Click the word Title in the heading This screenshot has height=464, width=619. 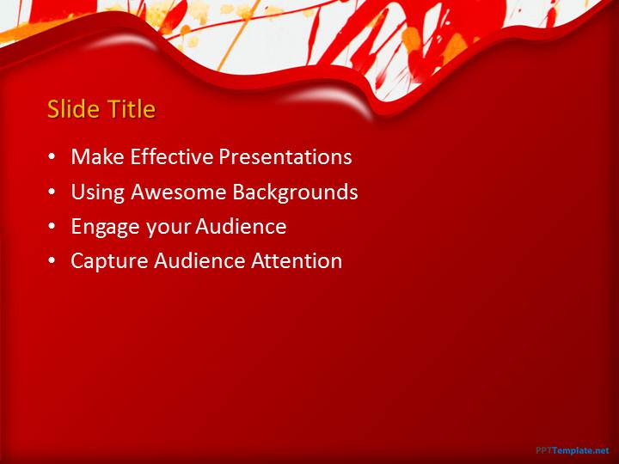[132, 108]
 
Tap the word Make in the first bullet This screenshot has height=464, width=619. [97, 156]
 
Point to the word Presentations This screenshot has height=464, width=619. [285, 156]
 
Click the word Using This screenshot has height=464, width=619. [97, 192]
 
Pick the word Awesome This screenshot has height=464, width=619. [178, 192]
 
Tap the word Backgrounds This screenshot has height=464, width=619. [295, 192]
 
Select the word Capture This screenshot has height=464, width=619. [109, 261]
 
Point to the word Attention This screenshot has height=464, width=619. [297, 261]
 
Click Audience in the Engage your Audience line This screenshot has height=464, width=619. [241, 227]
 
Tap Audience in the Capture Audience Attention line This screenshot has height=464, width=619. [199, 261]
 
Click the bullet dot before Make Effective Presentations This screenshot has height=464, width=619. [52, 157]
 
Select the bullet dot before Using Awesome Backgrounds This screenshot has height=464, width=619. [52, 192]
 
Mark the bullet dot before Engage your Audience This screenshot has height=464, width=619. [52, 227]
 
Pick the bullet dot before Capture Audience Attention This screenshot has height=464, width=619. [52, 261]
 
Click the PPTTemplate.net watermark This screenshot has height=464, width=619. [573, 450]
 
